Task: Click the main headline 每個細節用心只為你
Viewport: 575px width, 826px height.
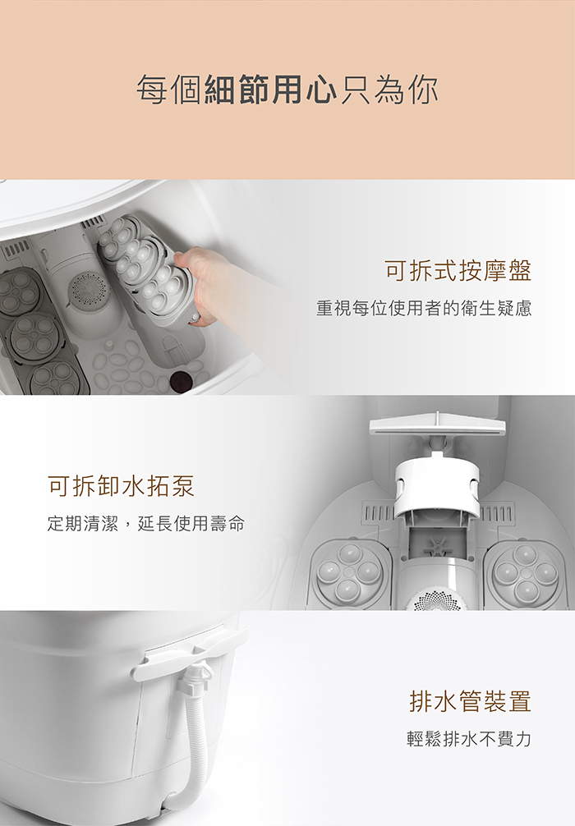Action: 287,90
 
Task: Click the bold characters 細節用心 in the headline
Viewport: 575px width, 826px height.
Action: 270,90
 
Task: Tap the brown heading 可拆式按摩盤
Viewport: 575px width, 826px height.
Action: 458,271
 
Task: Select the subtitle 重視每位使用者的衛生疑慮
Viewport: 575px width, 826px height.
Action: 424,308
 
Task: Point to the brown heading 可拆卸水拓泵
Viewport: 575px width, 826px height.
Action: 122,486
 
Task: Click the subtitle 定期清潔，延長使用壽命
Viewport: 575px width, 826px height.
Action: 146,524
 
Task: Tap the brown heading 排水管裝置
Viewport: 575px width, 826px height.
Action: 470,701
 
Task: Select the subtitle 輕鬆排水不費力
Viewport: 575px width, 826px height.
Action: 469,739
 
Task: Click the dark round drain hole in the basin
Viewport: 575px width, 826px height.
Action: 181,381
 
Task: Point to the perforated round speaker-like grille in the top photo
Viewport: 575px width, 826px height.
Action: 88,289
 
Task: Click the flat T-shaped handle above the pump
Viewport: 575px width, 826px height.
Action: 437,428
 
